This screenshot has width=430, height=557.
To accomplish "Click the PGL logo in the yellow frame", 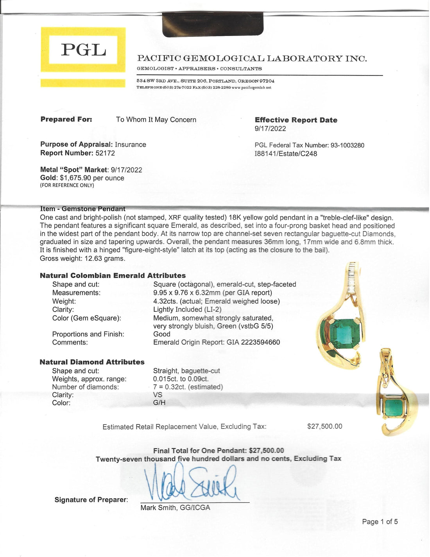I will tap(83, 50).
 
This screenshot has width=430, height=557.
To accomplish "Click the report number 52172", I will tap(105, 153).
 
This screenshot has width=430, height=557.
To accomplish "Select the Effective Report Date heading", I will tap(296, 120).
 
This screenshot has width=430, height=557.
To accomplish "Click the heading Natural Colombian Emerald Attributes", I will tap(113, 276).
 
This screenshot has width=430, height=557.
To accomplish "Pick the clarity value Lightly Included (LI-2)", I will tap(187, 309).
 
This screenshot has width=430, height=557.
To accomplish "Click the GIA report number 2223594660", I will tap(260, 342).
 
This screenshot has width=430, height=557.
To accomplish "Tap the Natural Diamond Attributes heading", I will tap(92, 362).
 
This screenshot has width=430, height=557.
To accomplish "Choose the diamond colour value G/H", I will tap(159, 403).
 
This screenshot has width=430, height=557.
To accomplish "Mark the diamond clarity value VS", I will tap(158, 395).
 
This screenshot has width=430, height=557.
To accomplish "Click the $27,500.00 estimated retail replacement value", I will tap(324, 426).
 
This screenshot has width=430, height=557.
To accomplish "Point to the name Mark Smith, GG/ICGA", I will tap(175, 508).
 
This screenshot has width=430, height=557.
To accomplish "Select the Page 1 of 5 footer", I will tap(380, 522).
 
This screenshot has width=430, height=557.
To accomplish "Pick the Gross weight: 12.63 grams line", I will tap(82, 259).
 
